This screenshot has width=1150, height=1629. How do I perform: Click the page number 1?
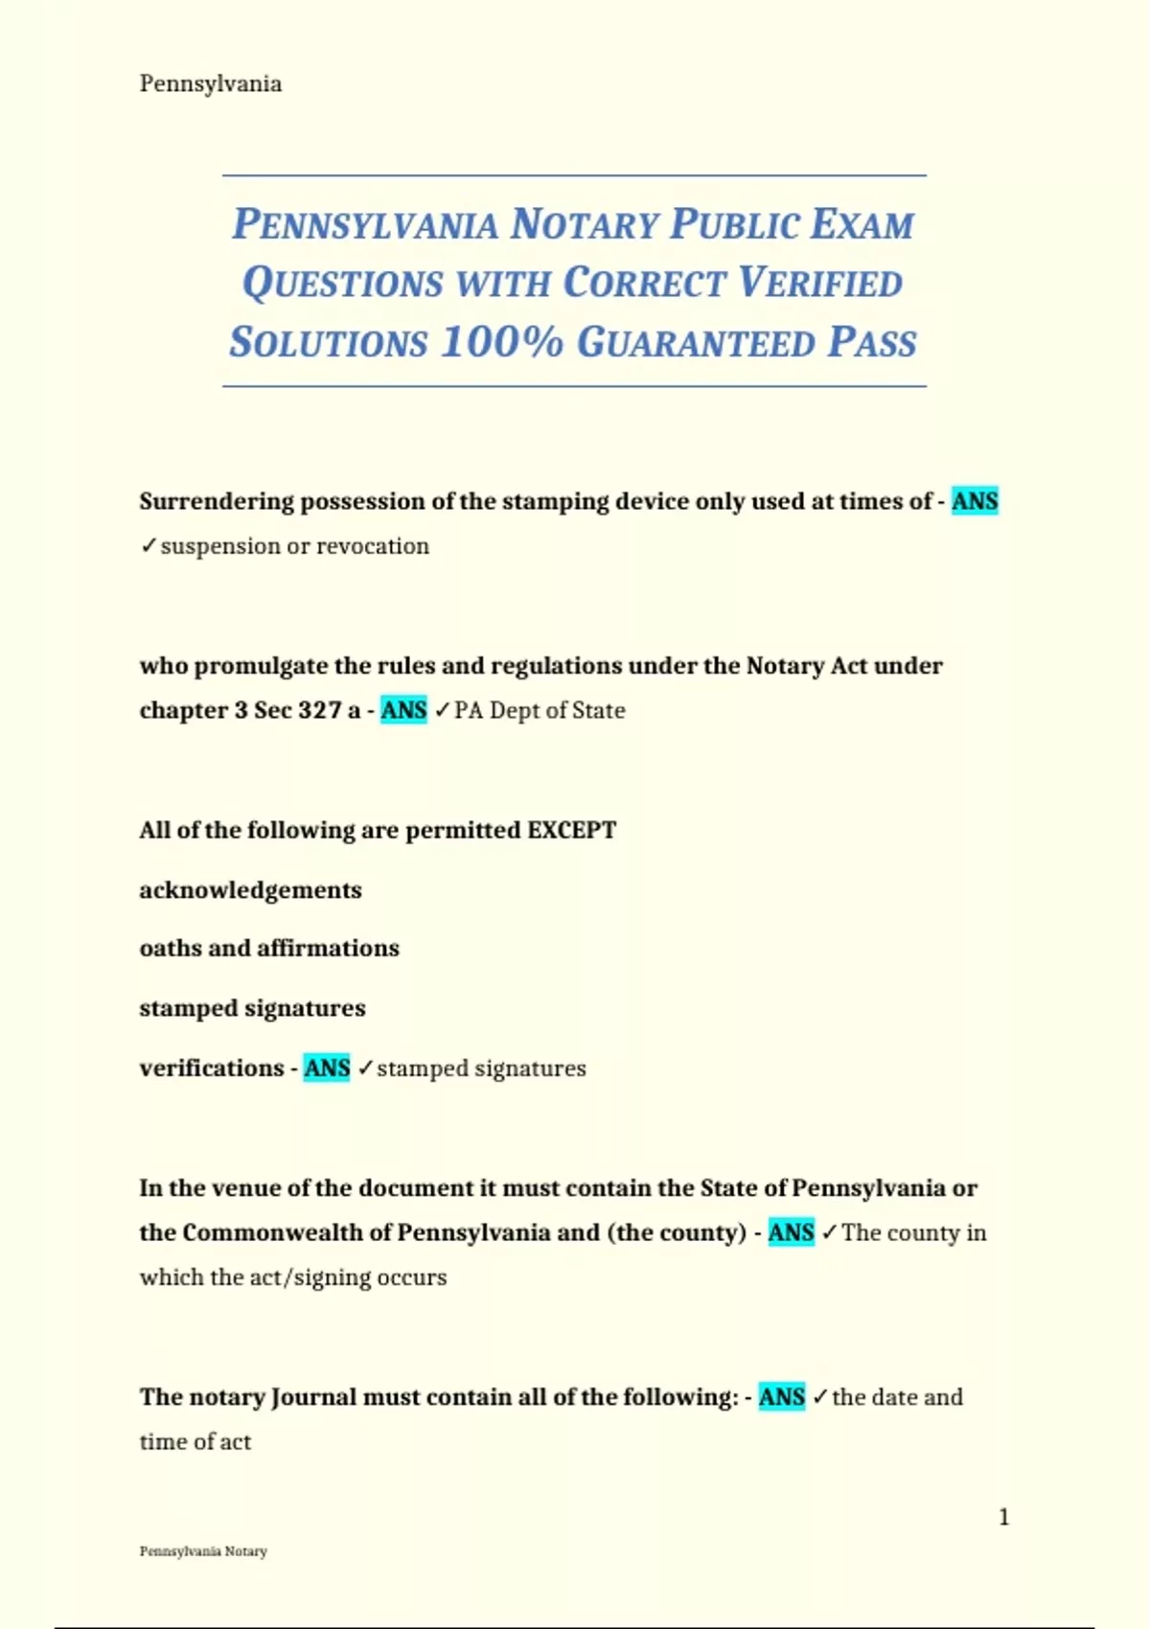pyautogui.click(x=1003, y=1517)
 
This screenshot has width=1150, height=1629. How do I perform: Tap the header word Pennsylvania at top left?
pyautogui.click(x=211, y=84)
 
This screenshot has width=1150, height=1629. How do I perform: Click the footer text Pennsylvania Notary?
pyautogui.click(x=203, y=1551)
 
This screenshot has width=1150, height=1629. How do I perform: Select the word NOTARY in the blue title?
pyautogui.click(x=584, y=225)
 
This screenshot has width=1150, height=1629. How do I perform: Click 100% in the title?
pyautogui.click(x=501, y=343)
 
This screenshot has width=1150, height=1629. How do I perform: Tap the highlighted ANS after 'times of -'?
pyautogui.click(x=975, y=501)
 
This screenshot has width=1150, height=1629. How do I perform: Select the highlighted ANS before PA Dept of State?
pyautogui.click(x=403, y=710)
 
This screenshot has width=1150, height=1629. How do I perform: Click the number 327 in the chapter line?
pyautogui.click(x=319, y=710)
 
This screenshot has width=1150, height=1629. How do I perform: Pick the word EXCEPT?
pyautogui.click(x=571, y=830)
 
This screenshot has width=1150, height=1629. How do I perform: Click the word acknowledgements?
pyautogui.click(x=250, y=890)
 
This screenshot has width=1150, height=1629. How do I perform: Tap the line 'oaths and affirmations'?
pyautogui.click(x=269, y=949)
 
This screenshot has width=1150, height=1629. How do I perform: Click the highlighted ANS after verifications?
pyautogui.click(x=327, y=1068)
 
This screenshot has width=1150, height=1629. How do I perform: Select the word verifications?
pyautogui.click(x=211, y=1068)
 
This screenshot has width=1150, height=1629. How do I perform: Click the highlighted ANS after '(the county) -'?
pyautogui.click(x=791, y=1232)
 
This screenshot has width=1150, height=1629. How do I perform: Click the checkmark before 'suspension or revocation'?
pyautogui.click(x=149, y=546)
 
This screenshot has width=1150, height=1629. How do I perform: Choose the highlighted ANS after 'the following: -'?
pyautogui.click(x=781, y=1397)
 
